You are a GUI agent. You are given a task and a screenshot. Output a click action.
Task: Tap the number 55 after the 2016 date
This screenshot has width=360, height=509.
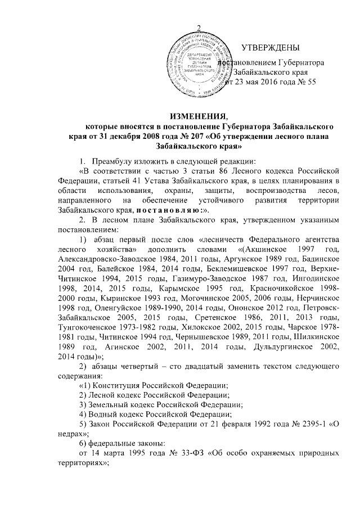tap(311, 82)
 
